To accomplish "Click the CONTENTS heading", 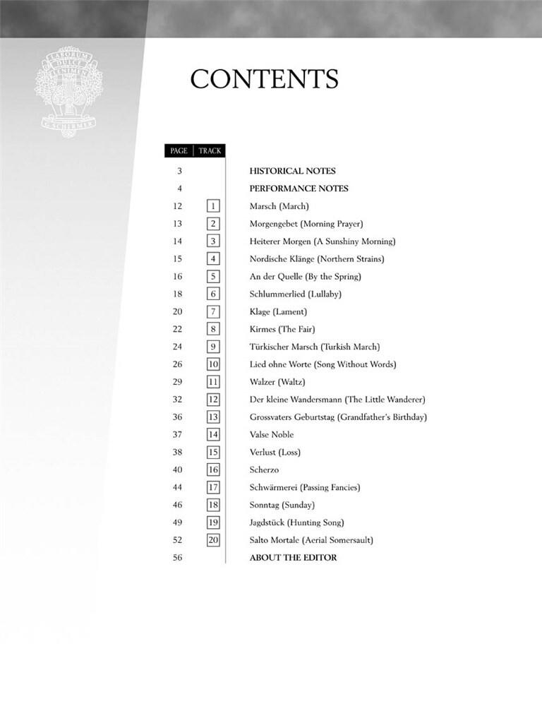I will point(264,79).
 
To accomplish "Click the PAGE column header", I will point(179,150).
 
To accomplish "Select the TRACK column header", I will point(210,150).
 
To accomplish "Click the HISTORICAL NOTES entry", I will point(292,171).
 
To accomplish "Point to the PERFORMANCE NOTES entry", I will point(299,189).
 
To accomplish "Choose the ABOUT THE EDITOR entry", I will point(293,558).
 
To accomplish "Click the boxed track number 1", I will point(213,206).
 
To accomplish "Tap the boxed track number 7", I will point(213,311).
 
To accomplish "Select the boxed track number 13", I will point(213,417).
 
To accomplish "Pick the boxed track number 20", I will point(213,540).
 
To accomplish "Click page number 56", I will point(177,558).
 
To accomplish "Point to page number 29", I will point(177,382).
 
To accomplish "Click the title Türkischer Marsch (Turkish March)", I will point(315,347).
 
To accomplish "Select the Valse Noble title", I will point(272,435).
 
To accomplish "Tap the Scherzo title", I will point(265,470).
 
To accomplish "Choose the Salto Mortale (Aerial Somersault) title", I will point(311,540).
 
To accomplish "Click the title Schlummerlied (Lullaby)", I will point(295,294).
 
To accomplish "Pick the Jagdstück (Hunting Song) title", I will point(296,522).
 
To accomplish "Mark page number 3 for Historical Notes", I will point(179,171).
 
